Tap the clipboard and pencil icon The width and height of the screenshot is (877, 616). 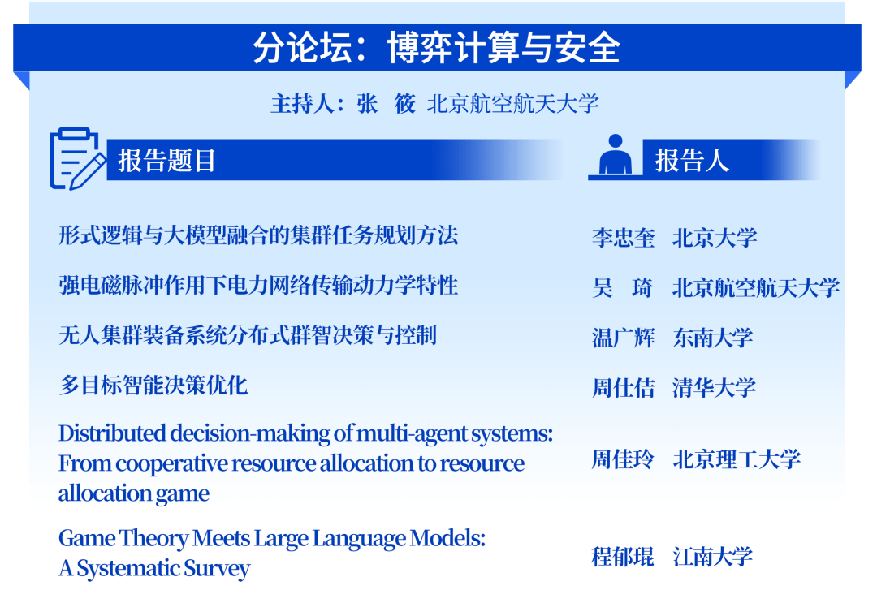76,159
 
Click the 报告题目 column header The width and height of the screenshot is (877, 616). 167,160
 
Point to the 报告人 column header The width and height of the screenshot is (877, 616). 692,160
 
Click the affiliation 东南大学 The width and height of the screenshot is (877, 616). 713,338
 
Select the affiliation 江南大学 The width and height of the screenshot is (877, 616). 713,557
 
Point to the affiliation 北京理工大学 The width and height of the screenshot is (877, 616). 737,460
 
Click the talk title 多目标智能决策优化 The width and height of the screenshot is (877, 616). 153,385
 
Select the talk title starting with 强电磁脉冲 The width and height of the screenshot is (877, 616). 258,285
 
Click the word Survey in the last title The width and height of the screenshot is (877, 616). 216,568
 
